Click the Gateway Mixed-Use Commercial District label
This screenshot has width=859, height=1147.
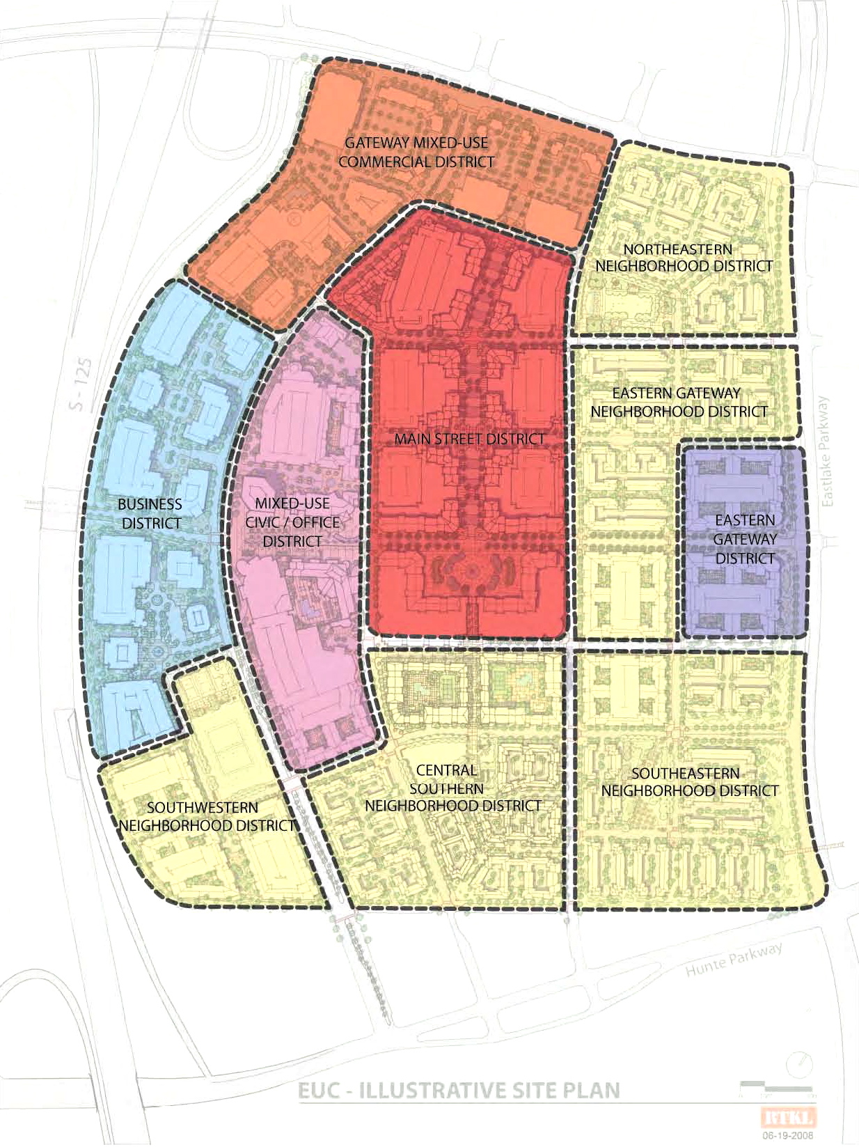click(416, 153)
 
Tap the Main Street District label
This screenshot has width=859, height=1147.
click(469, 439)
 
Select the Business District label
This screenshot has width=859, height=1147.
click(150, 513)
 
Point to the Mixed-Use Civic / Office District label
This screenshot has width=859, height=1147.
click(292, 522)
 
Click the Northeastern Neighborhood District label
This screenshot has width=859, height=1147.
click(683, 258)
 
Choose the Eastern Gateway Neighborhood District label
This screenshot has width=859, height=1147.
click(679, 403)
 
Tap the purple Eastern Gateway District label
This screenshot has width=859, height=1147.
click(744, 539)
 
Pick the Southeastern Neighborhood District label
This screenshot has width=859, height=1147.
click(689, 782)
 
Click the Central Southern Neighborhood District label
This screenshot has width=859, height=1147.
click(452, 788)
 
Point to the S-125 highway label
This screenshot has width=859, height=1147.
click(81, 383)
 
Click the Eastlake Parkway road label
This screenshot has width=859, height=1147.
click(826, 451)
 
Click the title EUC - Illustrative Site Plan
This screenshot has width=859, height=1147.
click(459, 1091)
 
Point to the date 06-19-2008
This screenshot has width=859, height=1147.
click(787, 1135)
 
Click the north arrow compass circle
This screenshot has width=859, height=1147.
click(799, 1066)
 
